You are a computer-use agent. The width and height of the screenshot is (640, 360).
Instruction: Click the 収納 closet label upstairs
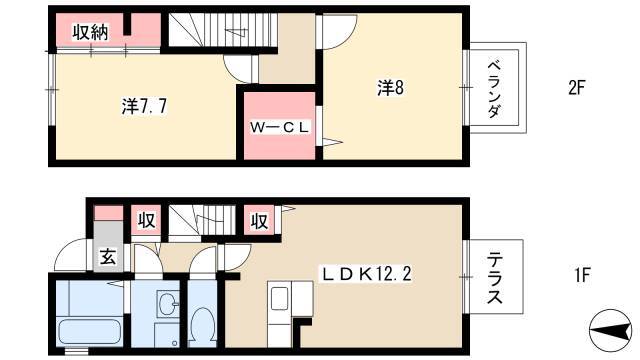click(90, 32)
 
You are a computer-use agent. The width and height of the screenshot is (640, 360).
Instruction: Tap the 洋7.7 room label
click(144, 107)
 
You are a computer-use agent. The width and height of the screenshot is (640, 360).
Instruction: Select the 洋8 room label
click(390, 87)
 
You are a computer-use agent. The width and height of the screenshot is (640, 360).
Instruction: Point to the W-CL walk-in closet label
click(280, 127)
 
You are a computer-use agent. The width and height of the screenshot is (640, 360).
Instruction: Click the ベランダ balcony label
click(494, 89)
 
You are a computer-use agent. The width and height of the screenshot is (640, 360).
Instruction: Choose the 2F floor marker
click(577, 88)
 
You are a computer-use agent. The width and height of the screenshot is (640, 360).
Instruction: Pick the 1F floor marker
click(582, 276)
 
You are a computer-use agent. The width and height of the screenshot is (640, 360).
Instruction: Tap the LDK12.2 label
click(366, 274)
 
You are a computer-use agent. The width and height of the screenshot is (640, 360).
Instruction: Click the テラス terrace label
click(495, 278)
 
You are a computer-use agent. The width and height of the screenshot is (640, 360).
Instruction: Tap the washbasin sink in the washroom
click(167, 304)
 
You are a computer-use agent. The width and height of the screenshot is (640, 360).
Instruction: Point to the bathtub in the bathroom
click(90, 331)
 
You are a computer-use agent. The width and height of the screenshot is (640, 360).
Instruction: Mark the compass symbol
click(612, 330)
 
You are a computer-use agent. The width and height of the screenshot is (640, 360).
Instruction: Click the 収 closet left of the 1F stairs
click(146, 221)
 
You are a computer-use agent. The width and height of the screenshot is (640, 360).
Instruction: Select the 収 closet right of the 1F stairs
click(259, 221)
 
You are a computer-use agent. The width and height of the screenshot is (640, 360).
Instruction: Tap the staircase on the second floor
click(222, 30)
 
